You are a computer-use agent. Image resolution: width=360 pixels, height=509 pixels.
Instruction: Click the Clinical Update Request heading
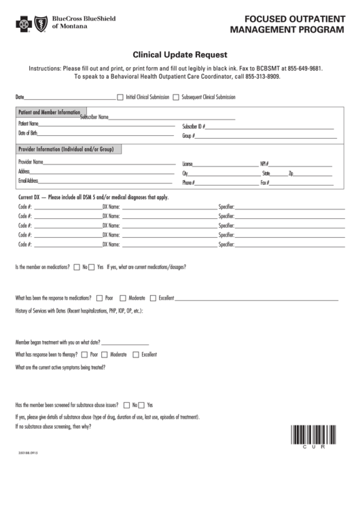click(179, 54)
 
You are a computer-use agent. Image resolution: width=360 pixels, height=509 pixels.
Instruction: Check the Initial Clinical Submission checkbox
click(121, 97)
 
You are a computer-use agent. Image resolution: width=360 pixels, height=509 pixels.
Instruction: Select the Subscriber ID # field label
click(194, 126)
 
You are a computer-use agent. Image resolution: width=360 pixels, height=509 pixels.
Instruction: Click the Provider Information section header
click(65, 149)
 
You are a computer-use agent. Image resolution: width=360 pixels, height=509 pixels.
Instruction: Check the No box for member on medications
click(77, 267)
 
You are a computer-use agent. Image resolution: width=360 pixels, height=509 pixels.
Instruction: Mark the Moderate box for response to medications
click(123, 298)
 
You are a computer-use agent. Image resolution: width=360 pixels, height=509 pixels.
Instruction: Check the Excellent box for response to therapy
click(136, 355)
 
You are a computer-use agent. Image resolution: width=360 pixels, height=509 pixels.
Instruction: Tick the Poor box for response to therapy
click(84, 355)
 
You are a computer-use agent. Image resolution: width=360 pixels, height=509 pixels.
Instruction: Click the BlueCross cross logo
click(24, 26)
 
